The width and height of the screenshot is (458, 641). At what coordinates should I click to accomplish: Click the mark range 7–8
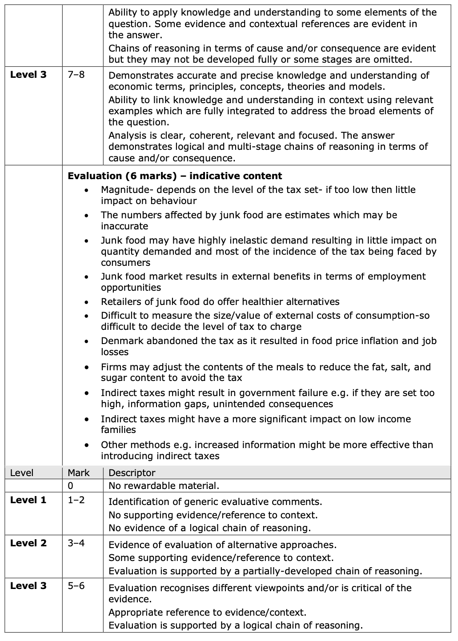coord(76,75)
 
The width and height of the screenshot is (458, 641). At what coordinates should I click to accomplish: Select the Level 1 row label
coord(28,500)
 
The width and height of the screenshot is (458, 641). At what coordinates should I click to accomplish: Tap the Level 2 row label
coord(28,543)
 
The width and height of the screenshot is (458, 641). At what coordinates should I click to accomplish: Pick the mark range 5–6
coord(76,586)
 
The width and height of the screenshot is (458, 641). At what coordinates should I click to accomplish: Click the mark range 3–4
coord(76,543)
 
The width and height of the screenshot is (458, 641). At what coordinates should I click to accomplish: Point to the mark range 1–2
coord(76,500)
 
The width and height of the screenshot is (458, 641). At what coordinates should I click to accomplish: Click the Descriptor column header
coord(132,473)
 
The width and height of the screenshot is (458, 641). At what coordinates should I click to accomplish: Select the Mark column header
coord(79,473)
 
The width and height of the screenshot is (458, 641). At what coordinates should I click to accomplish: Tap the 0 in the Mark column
coord(71,486)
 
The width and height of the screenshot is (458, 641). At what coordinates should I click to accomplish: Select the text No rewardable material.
coord(164,486)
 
